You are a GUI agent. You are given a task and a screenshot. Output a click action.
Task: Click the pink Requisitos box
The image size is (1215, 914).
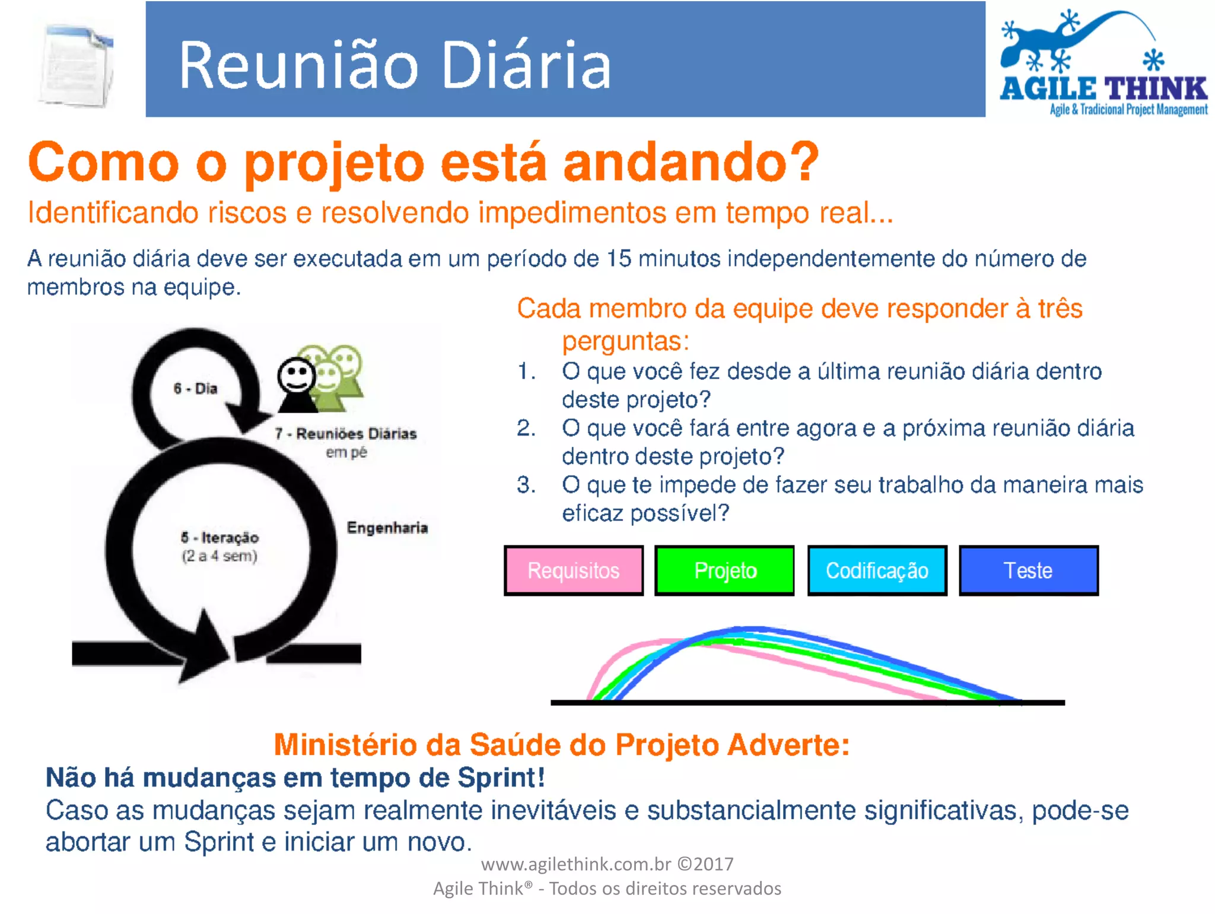pyautogui.click(x=574, y=570)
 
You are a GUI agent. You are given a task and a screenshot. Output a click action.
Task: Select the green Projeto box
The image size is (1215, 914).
pyautogui.click(x=724, y=570)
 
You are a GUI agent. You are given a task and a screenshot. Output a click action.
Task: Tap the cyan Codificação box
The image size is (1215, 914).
pyautogui.click(x=877, y=570)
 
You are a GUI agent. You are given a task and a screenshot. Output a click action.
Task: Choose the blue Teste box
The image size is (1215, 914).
pyautogui.click(x=1028, y=570)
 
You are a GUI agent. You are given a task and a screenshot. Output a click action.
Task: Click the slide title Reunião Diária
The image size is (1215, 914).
pyautogui.click(x=395, y=65)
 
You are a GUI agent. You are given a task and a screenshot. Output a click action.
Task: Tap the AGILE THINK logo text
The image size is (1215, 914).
pyautogui.click(x=1103, y=89)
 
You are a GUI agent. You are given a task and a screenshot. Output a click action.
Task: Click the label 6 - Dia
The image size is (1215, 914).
pyautogui.click(x=195, y=389)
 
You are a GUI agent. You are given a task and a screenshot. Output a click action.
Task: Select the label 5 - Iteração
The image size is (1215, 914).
pyautogui.click(x=220, y=538)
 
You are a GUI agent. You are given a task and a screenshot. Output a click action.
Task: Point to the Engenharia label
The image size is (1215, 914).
pyautogui.click(x=387, y=528)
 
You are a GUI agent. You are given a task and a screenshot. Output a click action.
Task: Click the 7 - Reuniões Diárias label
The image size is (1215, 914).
pyautogui.click(x=346, y=434)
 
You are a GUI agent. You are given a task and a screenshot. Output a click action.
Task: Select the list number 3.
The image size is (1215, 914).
pyautogui.click(x=526, y=485)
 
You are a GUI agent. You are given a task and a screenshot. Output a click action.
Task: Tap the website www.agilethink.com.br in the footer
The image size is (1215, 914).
pyautogui.click(x=575, y=864)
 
